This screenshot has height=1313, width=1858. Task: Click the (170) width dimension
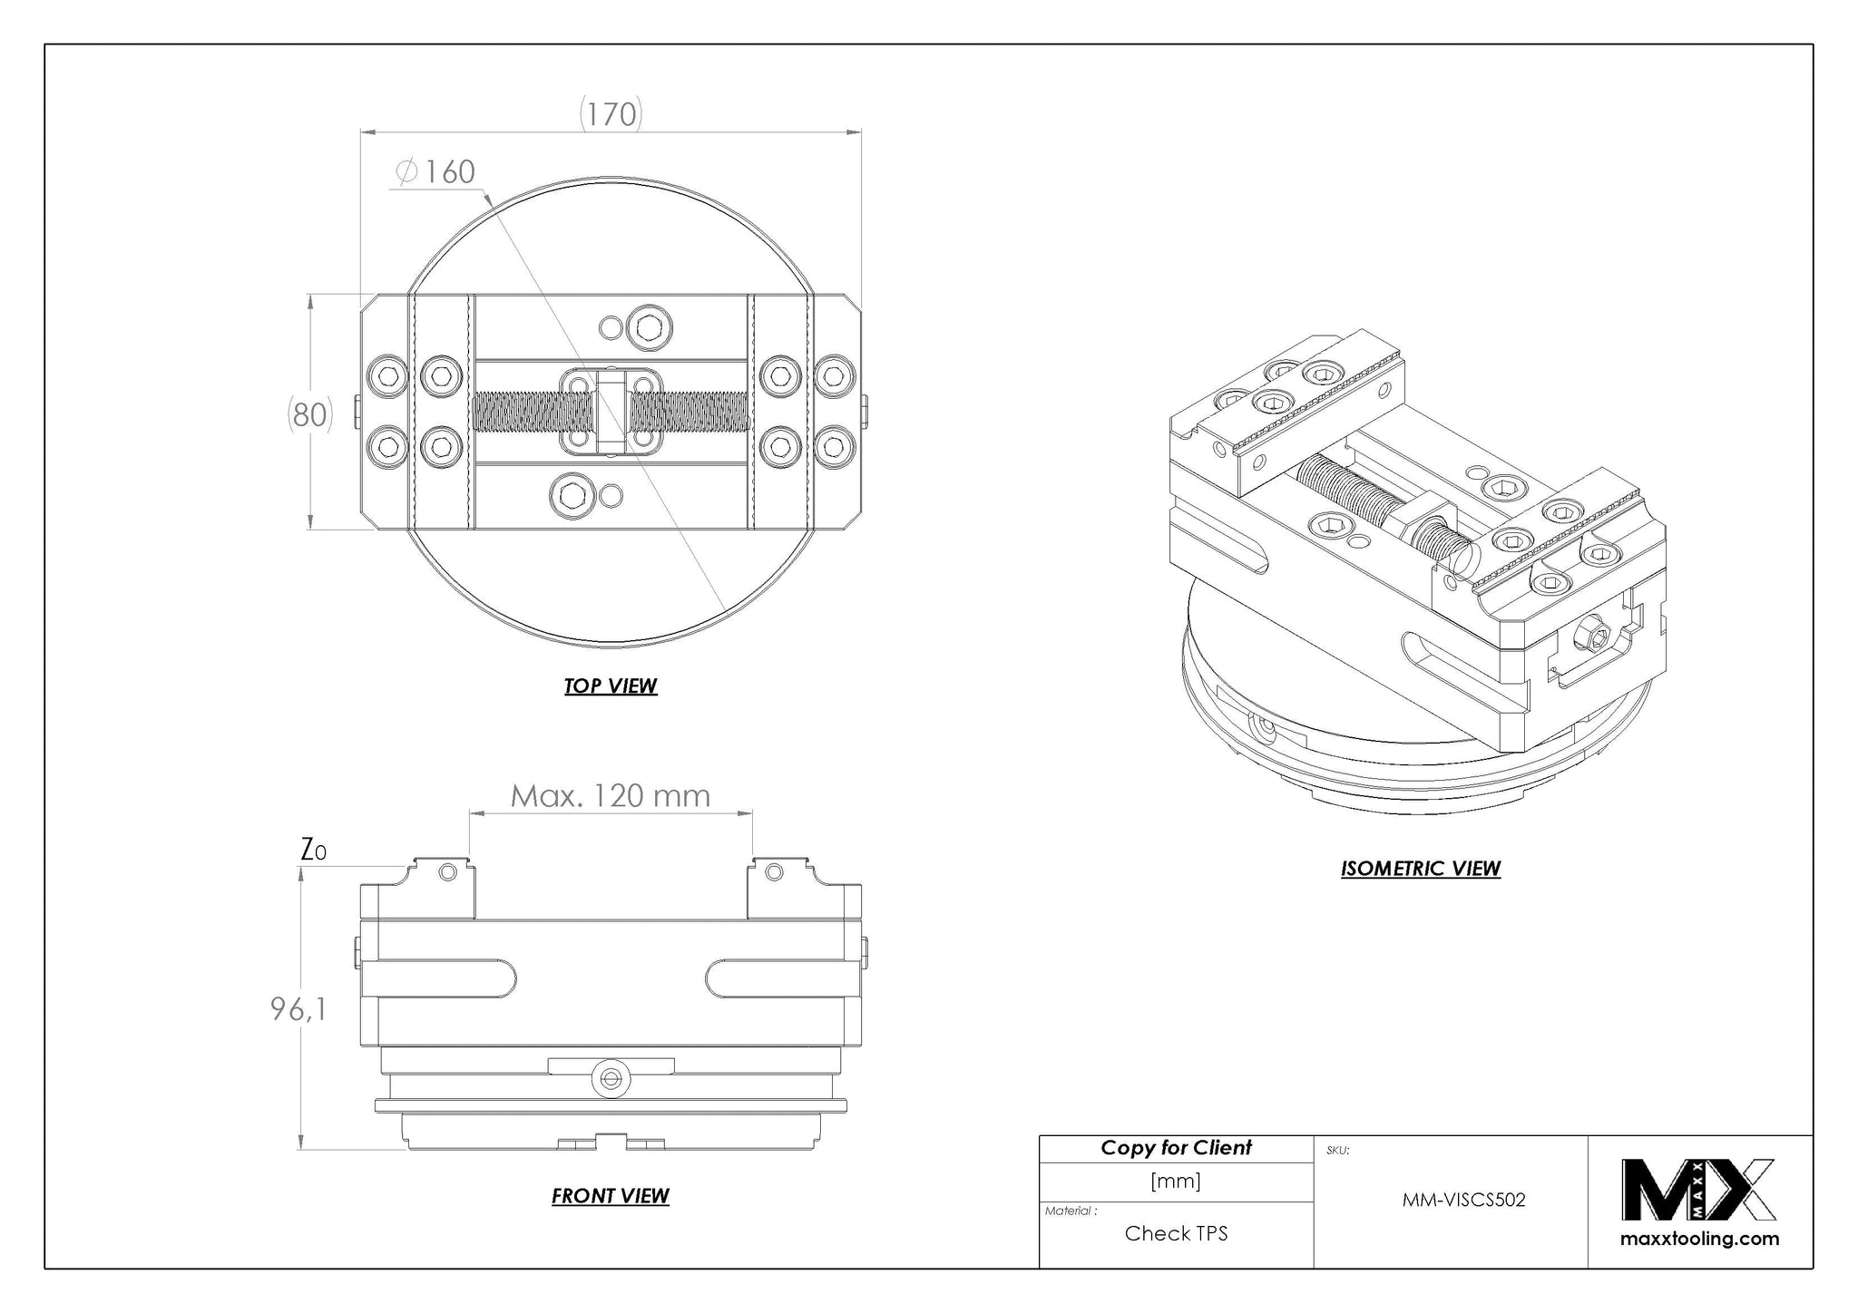pos(611,114)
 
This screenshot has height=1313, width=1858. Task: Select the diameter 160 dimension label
pos(435,171)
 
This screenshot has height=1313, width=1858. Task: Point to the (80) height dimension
pos(310,414)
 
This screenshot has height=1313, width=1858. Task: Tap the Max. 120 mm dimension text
pos(611,796)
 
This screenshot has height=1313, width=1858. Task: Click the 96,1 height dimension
pos(298,1008)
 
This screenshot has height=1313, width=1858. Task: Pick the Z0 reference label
pos(313,850)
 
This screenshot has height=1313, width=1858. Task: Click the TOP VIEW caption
pos(611,686)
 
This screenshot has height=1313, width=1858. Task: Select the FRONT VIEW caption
pos(611,1196)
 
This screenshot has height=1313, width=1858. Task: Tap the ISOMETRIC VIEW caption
pos(1421,869)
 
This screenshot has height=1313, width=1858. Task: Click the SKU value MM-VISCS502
pos(1464,1200)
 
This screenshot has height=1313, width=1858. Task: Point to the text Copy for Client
pos(1177,1148)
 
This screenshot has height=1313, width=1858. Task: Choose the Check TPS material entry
pos(1177,1233)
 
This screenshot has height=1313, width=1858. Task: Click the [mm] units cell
pos(1177,1181)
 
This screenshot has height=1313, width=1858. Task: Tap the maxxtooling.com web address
pos(1699,1239)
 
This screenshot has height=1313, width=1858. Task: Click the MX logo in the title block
pos(1699,1190)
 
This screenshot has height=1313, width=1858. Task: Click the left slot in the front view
pos(439,980)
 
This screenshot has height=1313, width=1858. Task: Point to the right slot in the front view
pos(783,980)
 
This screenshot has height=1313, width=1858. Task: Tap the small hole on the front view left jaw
pos(447,872)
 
